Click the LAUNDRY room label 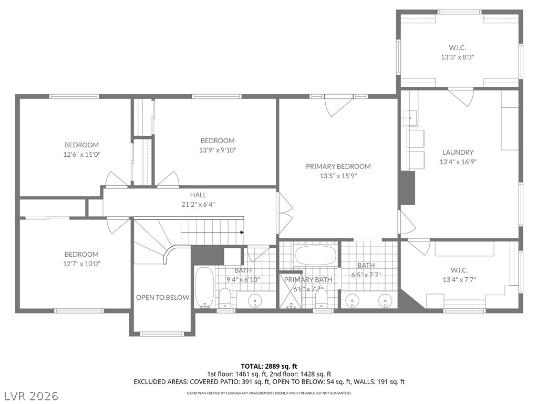tap(458, 152)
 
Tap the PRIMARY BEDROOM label tap(338, 166)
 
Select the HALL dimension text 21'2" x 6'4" tap(198, 205)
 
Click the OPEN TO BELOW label tap(162, 298)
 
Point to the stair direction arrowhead tap(242, 232)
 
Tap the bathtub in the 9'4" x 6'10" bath tap(204, 288)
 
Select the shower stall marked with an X tap(291, 290)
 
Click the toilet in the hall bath tap(225, 298)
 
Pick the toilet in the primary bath tap(321, 298)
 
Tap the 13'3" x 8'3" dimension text tap(458, 57)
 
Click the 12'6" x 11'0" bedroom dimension tap(81, 155)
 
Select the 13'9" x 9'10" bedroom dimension tap(218, 150)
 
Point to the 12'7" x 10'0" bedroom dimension tap(81, 264)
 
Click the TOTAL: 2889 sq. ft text tap(269, 366)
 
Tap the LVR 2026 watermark tap(30, 396)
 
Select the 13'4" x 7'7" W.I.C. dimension tap(459, 280)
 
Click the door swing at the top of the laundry tap(461, 97)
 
